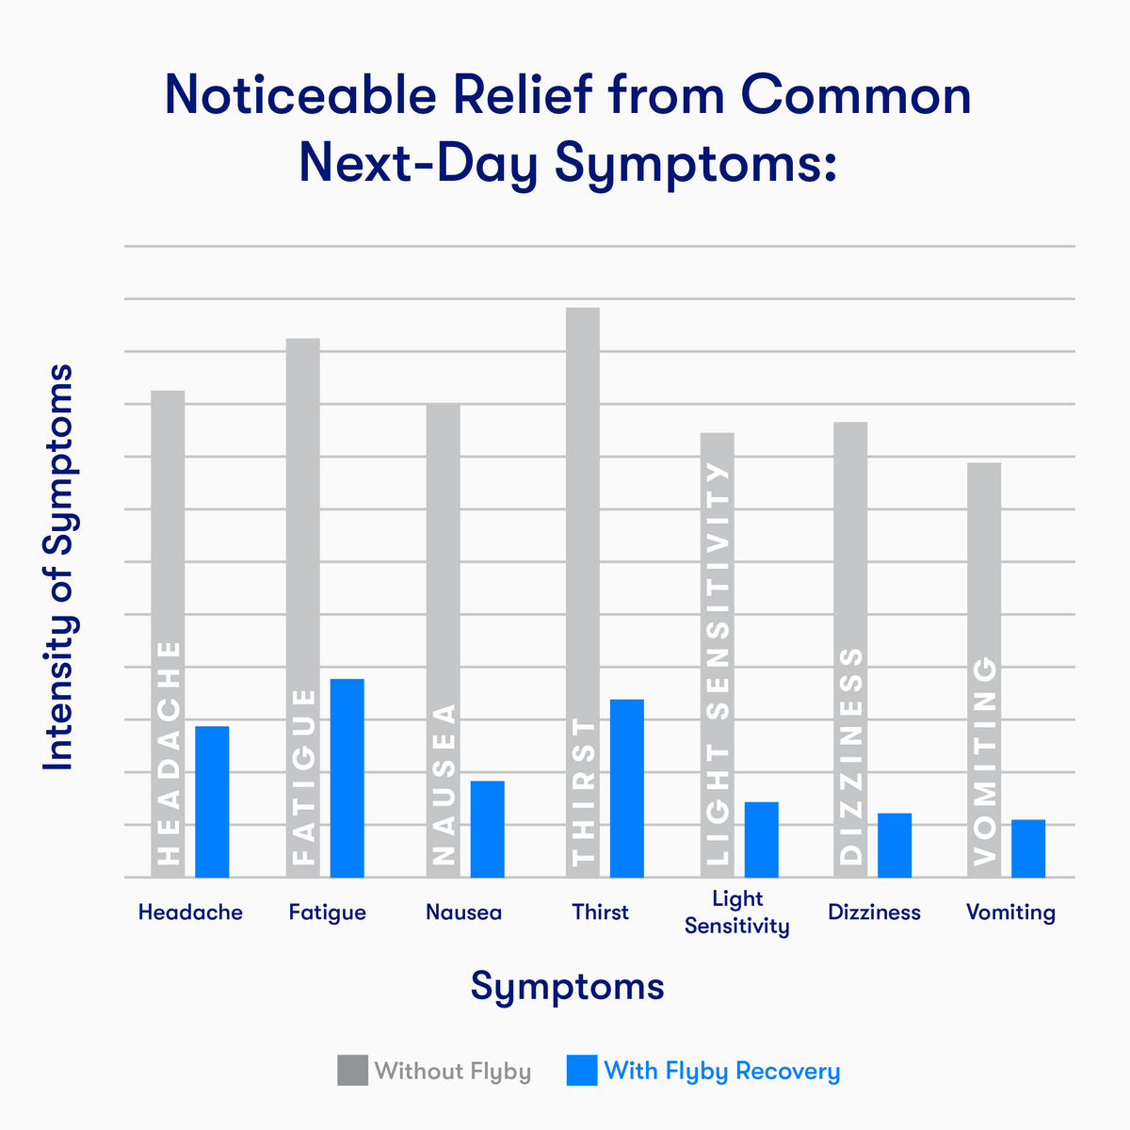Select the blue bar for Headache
tap(212, 801)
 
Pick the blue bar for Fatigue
tap(347, 778)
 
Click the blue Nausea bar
tap(487, 829)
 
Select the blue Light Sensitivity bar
tap(761, 839)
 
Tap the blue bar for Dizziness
tap(895, 845)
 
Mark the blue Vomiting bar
tap(1028, 848)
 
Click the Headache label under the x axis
tap(190, 912)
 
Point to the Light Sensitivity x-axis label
tap(737, 912)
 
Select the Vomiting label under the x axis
tap(1010, 912)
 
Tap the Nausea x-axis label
tap(463, 912)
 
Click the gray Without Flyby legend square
tap(352, 1071)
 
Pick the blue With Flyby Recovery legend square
tap(582, 1071)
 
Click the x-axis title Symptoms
tap(568, 986)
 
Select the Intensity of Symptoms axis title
tap(59, 568)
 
